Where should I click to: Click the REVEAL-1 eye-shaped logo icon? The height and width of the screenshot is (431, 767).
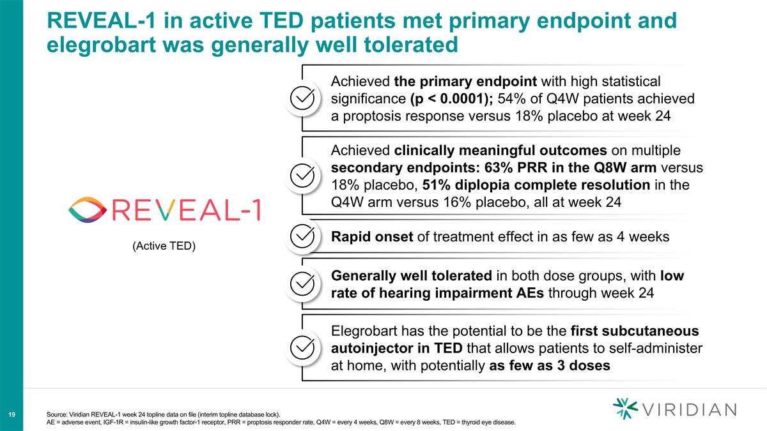(88, 209)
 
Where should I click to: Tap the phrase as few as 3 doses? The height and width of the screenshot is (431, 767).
(549, 367)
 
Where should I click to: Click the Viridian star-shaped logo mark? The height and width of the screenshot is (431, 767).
(624, 409)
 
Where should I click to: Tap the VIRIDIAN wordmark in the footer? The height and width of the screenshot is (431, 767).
(689, 409)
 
